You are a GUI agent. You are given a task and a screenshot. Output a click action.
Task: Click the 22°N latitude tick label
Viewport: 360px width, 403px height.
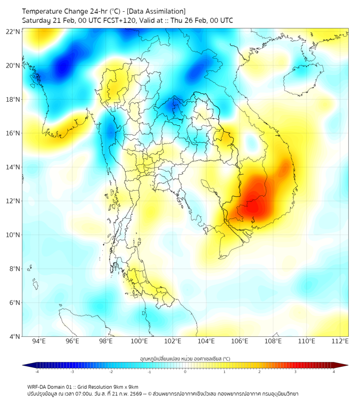(13, 31)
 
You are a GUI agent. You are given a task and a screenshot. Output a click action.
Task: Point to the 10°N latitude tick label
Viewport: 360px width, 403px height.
(13, 235)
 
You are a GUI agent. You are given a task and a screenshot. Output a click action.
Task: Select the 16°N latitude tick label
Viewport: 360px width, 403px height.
(13, 133)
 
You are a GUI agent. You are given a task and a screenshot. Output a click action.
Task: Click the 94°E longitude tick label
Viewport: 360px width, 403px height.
(39, 342)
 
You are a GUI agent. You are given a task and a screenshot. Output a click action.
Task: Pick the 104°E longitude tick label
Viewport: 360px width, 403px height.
(206, 342)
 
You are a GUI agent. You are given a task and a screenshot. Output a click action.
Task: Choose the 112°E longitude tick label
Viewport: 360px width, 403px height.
(340, 342)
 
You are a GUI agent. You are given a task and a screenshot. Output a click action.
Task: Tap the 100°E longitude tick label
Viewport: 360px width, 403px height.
(139, 342)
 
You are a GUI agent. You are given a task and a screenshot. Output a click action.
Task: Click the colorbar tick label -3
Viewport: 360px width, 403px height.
(72, 372)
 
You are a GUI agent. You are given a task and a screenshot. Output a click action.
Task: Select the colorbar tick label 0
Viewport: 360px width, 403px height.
(185, 372)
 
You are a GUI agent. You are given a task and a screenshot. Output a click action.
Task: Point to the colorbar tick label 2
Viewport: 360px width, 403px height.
(260, 372)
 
